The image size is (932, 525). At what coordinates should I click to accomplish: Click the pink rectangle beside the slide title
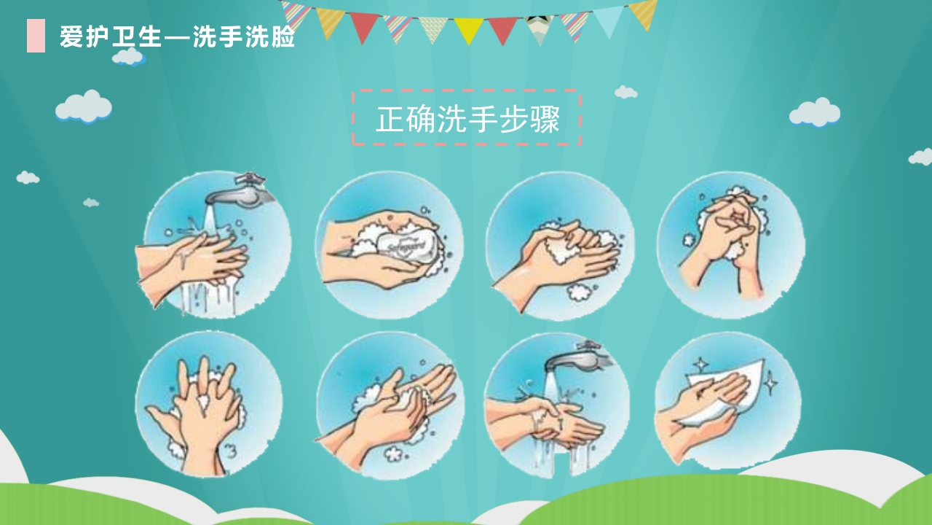[36, 36]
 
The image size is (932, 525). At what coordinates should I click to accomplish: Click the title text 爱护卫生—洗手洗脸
[177, 36]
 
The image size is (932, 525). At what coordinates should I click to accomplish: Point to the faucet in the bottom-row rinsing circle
[575, 357]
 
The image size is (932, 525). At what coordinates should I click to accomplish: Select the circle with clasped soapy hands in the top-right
[730, 245]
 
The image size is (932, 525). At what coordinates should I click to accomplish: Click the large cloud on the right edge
[815, 112]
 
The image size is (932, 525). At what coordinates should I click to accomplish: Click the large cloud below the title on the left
[84, 106]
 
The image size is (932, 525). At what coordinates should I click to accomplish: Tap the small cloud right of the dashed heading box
[625, 92]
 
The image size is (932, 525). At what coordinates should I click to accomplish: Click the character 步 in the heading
[514, 120]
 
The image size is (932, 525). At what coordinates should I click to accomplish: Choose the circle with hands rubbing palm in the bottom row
[389, 405]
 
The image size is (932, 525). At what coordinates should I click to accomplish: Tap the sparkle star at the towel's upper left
[700, 363]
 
